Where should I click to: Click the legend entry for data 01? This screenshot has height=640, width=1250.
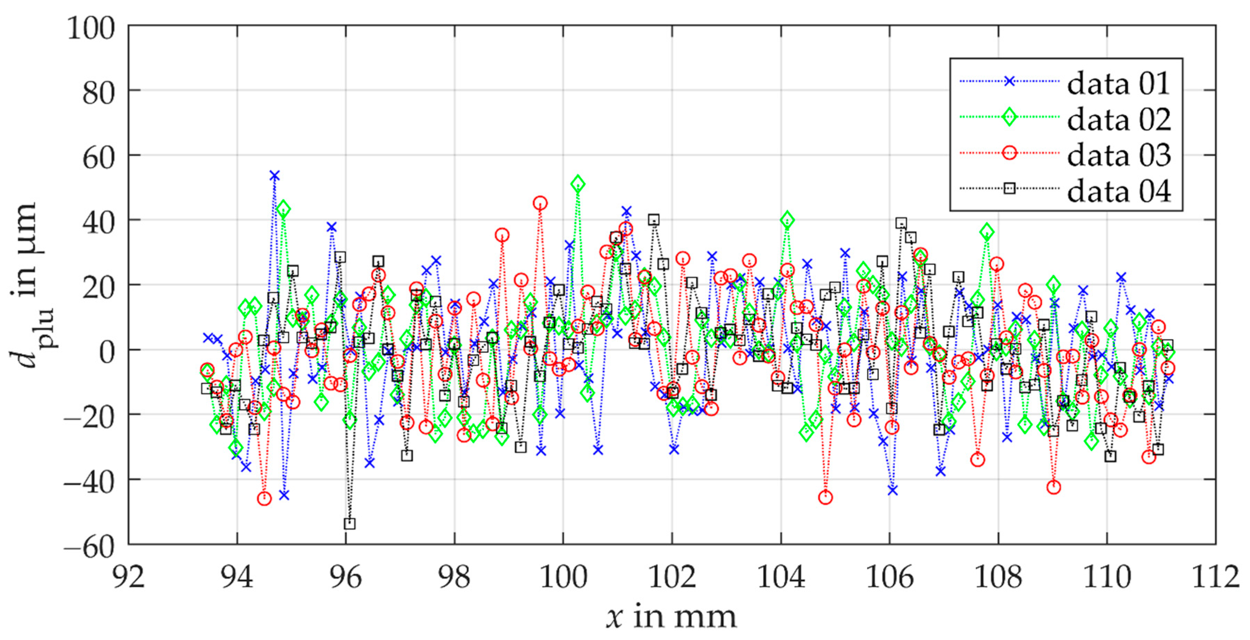1118,83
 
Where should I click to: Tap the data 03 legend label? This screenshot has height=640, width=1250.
1118,155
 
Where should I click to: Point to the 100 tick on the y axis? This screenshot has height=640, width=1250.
91,28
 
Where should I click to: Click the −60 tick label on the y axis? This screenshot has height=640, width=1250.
89,546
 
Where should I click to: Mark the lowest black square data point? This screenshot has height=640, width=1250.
349,524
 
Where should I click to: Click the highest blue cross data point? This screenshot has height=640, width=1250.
275,176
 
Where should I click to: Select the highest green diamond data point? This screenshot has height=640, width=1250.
578,184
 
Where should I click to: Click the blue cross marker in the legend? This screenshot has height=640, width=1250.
1009,81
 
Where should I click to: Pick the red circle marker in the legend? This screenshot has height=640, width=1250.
1009,153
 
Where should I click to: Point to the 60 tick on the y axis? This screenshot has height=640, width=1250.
99,158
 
